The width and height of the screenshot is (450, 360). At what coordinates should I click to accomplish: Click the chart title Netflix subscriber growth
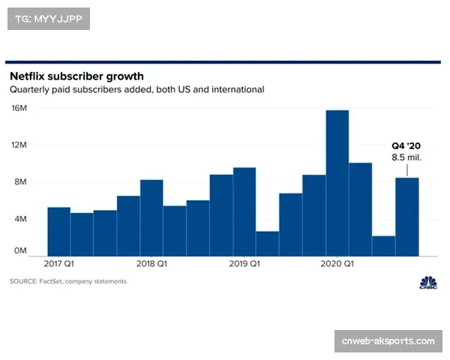coord(76,76)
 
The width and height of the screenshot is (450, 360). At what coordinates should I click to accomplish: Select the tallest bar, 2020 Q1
coord(337,183)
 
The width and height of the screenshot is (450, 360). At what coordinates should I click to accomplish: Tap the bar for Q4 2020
coord(407,217)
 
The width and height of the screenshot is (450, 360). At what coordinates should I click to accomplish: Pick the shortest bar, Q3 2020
coord(384,246)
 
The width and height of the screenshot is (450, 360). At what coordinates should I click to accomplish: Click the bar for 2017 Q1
coord(58,232)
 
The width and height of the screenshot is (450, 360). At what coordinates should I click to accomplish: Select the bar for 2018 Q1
coord(151,218)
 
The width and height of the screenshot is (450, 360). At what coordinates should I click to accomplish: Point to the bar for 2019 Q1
coord(244,211)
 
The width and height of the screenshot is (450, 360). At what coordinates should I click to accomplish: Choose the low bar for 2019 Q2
coord(268,244)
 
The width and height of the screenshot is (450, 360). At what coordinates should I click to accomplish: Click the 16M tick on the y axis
coord(19,108)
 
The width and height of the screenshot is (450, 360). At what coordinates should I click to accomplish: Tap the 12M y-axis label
coord(19,145)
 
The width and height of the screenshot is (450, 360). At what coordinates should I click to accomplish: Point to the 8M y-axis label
coord(20,181)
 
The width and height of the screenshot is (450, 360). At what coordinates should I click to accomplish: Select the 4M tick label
coord(20,219)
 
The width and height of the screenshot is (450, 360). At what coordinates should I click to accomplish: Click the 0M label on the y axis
coord(20,250)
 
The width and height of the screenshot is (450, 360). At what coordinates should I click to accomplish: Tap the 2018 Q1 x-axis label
coord(151,263)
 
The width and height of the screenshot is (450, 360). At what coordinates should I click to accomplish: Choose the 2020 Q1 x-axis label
coord(337,263)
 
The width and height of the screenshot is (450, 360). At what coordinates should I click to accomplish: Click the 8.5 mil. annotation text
coord(406,157)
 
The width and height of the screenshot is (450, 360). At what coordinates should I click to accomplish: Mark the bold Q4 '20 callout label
coord(406,145)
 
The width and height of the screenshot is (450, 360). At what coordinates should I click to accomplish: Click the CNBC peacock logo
coord(428,283)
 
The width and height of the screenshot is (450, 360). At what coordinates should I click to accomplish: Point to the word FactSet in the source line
coord(51,281)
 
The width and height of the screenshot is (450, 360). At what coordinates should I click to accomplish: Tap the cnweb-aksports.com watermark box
coord(388,341)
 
